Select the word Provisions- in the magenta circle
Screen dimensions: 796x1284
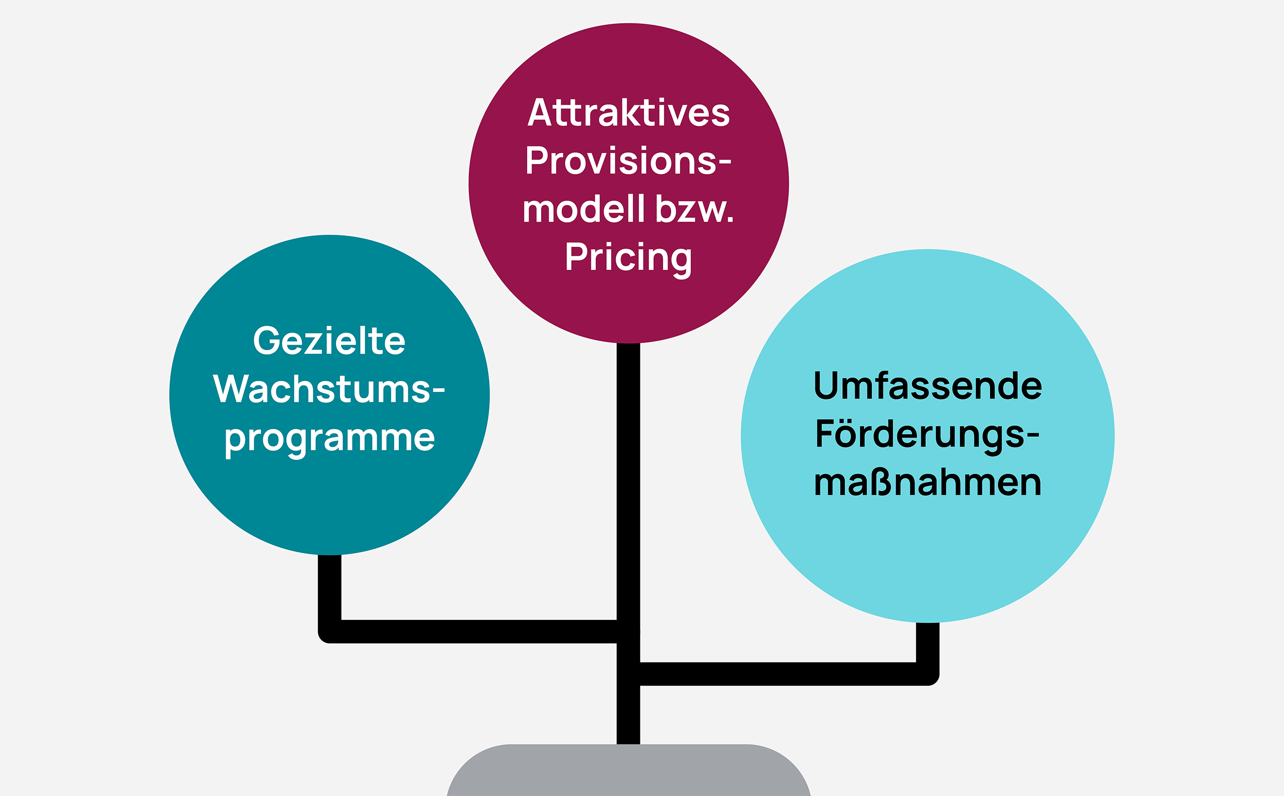click(628, 161)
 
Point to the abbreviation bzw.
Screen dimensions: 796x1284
click(694, 209)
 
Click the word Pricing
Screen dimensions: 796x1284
click(628, 258)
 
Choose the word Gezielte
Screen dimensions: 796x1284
click(329, 341)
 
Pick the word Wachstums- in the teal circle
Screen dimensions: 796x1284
click(329, 389)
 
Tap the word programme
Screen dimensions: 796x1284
click(330, 438)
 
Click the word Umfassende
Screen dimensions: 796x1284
click(927, 385)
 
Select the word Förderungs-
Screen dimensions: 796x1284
click(927, 434)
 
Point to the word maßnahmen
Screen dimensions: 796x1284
click(927, 483)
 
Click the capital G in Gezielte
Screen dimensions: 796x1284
click(266, 341)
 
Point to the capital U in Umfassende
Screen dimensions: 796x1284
click(826, 385)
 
